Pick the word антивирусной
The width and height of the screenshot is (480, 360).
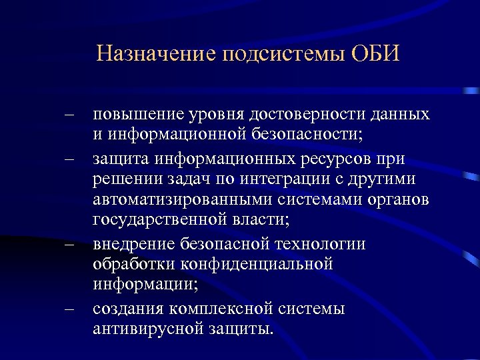click(150, 331)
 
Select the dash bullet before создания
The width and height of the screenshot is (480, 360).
click(69, 310)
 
